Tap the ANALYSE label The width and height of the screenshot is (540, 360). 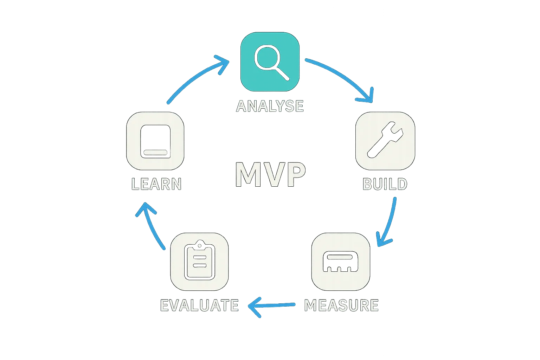(270, 106)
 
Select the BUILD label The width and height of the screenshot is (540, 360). (385, 184)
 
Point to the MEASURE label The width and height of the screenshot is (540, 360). (341, 305)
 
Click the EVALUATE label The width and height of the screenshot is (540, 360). (200, 305)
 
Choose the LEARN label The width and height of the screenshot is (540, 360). (156, 184)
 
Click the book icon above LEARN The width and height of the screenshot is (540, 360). (155, 141)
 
